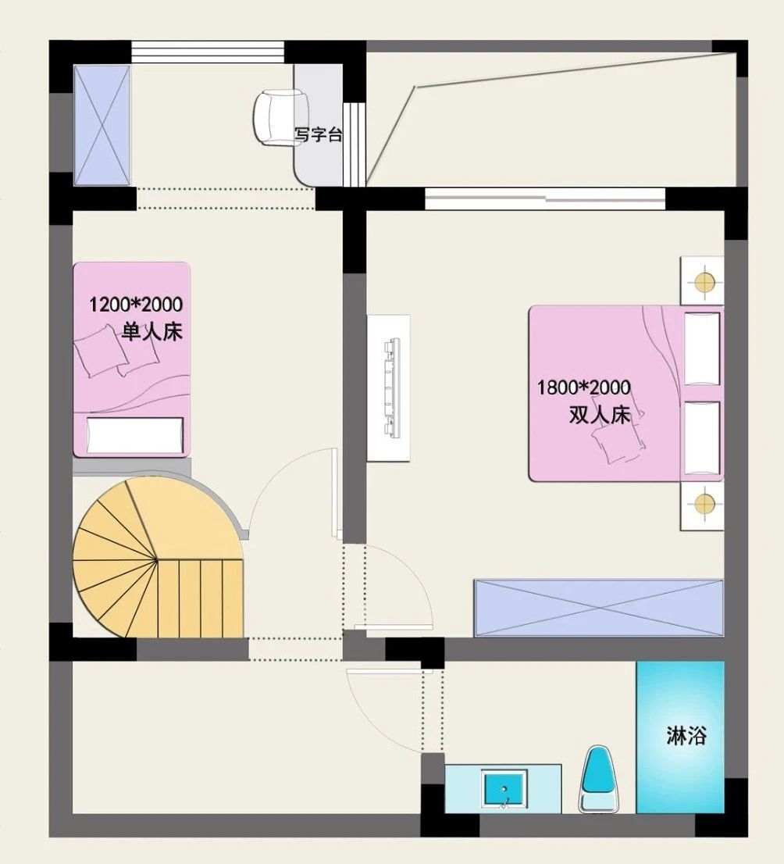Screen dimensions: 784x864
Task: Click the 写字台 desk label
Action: pyautogui.click(x=319, y=134)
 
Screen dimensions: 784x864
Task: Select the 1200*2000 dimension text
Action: pyautogui.click(x=136, y=304)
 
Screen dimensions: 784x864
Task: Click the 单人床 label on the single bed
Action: pyautogui.click(x=152, y=332)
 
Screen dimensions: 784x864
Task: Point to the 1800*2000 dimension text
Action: pyautogui.click(x=584, y=387)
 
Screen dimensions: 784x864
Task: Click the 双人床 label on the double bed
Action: pyautogui.click(x=600, y=415)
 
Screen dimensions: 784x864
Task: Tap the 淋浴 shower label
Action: pyautogui.click(x=686, y=736)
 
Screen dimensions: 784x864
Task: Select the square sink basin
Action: pyautogui.click(x=504, y=788)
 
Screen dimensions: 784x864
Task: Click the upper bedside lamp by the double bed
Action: pyautogui.click(x=704, y=282)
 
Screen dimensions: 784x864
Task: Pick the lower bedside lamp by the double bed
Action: pyautogui.click(x=704, y=502)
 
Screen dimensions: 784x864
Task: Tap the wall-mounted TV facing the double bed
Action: pyautogui.click(x=392, y=388)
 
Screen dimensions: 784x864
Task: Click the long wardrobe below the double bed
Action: pyautogui.click(x=599, y=608)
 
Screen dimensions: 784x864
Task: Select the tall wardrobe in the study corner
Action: pyautogui.click(x=102, y=126)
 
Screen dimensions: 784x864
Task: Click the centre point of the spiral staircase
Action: pyautogui.click(x=158, y=560)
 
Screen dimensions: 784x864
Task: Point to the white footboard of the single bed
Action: pyautogui.click(x=135, y=435)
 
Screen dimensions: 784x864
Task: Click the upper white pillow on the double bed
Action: pyautogui.click(x=702, y=348)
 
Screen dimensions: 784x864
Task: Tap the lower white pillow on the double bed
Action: pyautogui.click(x=702, y=438)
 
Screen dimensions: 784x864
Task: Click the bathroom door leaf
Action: pyautogui.click(x=386, y=670)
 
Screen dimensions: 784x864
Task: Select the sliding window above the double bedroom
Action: pyautogui.click(x=545, y=199)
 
